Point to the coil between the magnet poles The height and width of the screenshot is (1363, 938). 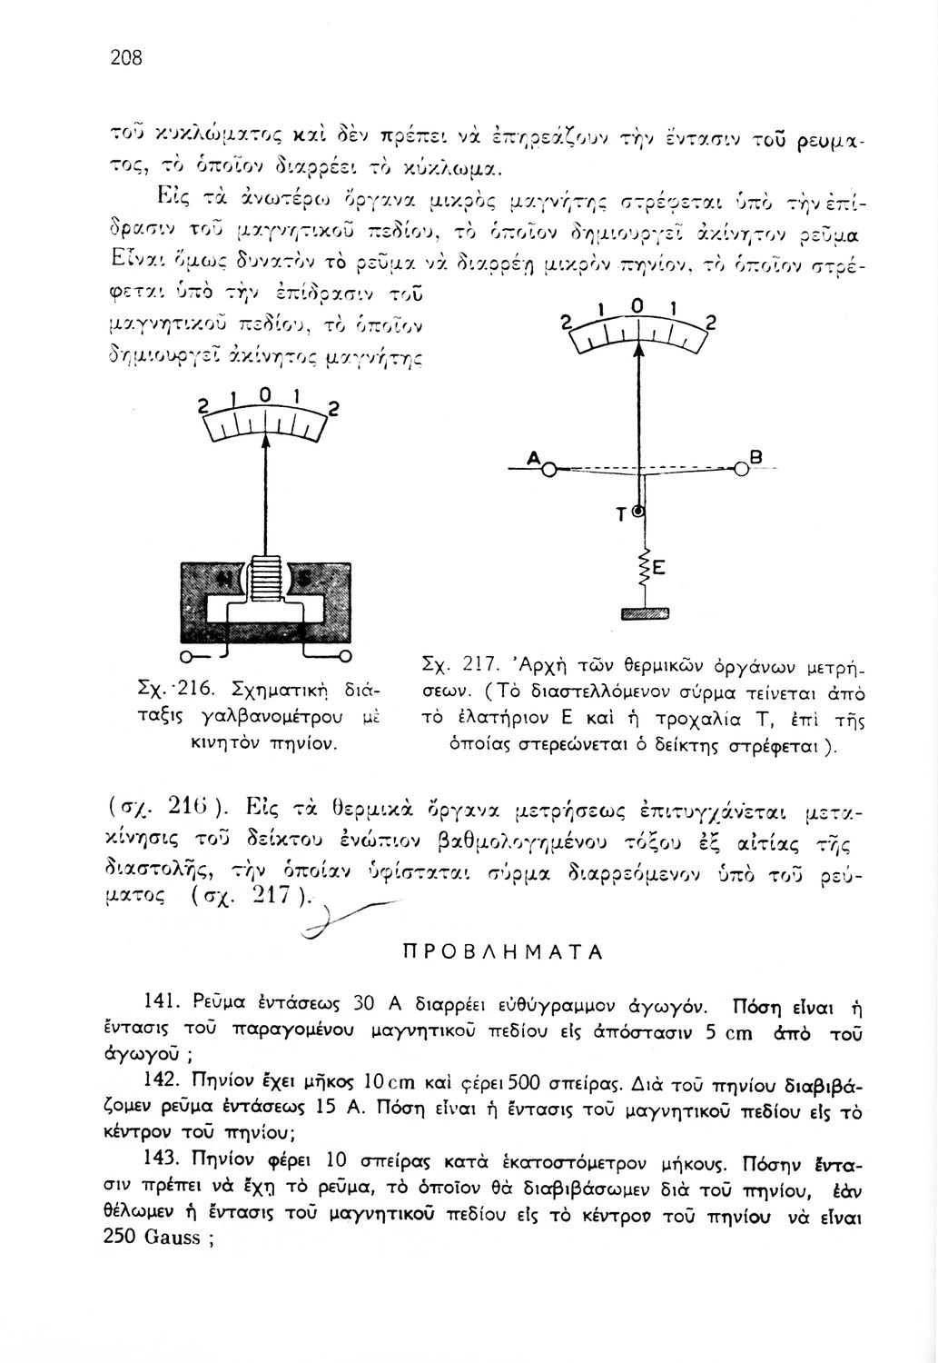coord(267,578)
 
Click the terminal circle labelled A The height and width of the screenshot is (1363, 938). coord(549,468)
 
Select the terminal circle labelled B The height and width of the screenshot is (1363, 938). coord(742,468)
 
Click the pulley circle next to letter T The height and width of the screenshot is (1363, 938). coord(638,513)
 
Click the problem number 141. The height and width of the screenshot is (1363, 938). coord(160,1003)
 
